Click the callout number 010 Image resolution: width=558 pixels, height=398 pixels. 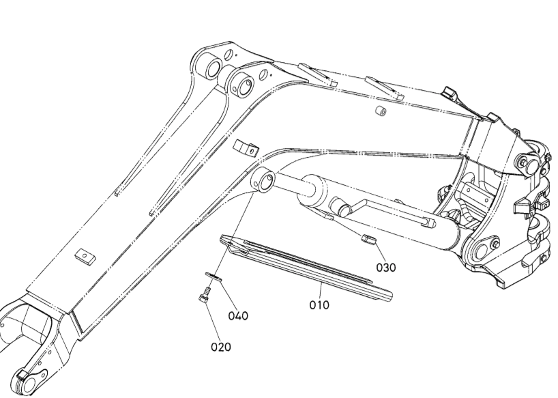[319, 304]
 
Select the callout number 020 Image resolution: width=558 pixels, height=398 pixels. [220, 347]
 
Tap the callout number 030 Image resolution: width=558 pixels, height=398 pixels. [386, 267]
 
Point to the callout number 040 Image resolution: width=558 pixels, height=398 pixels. [238, 315]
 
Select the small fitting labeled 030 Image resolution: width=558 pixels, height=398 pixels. [368, 240]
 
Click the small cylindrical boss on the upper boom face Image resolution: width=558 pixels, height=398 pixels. [381, 111]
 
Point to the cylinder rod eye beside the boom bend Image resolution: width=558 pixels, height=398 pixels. [264, 180]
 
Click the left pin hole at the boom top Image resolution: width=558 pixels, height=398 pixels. [213, 68]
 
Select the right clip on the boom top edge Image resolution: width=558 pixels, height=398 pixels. [383, 87]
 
